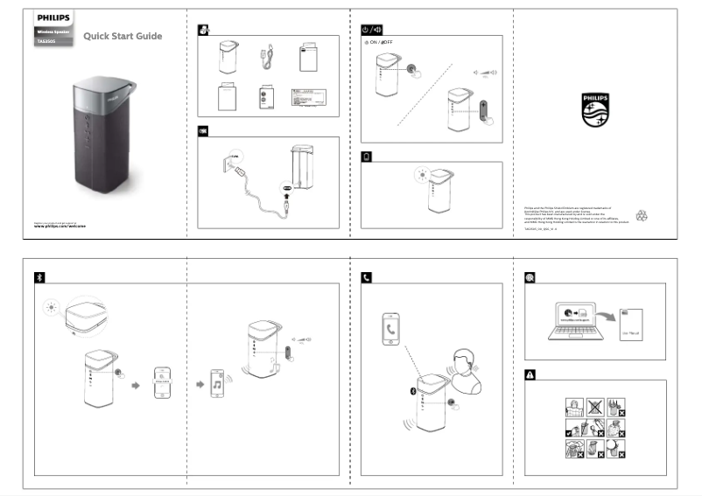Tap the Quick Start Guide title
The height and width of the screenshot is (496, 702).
point(123,36)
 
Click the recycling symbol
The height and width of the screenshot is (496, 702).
point(642,213)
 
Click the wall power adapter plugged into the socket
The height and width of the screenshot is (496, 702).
point(231,162)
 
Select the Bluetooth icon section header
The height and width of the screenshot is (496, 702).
point(39,276)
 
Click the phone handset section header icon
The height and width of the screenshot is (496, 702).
point(367,276)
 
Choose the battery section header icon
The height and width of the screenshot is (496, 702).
point(367,157)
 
